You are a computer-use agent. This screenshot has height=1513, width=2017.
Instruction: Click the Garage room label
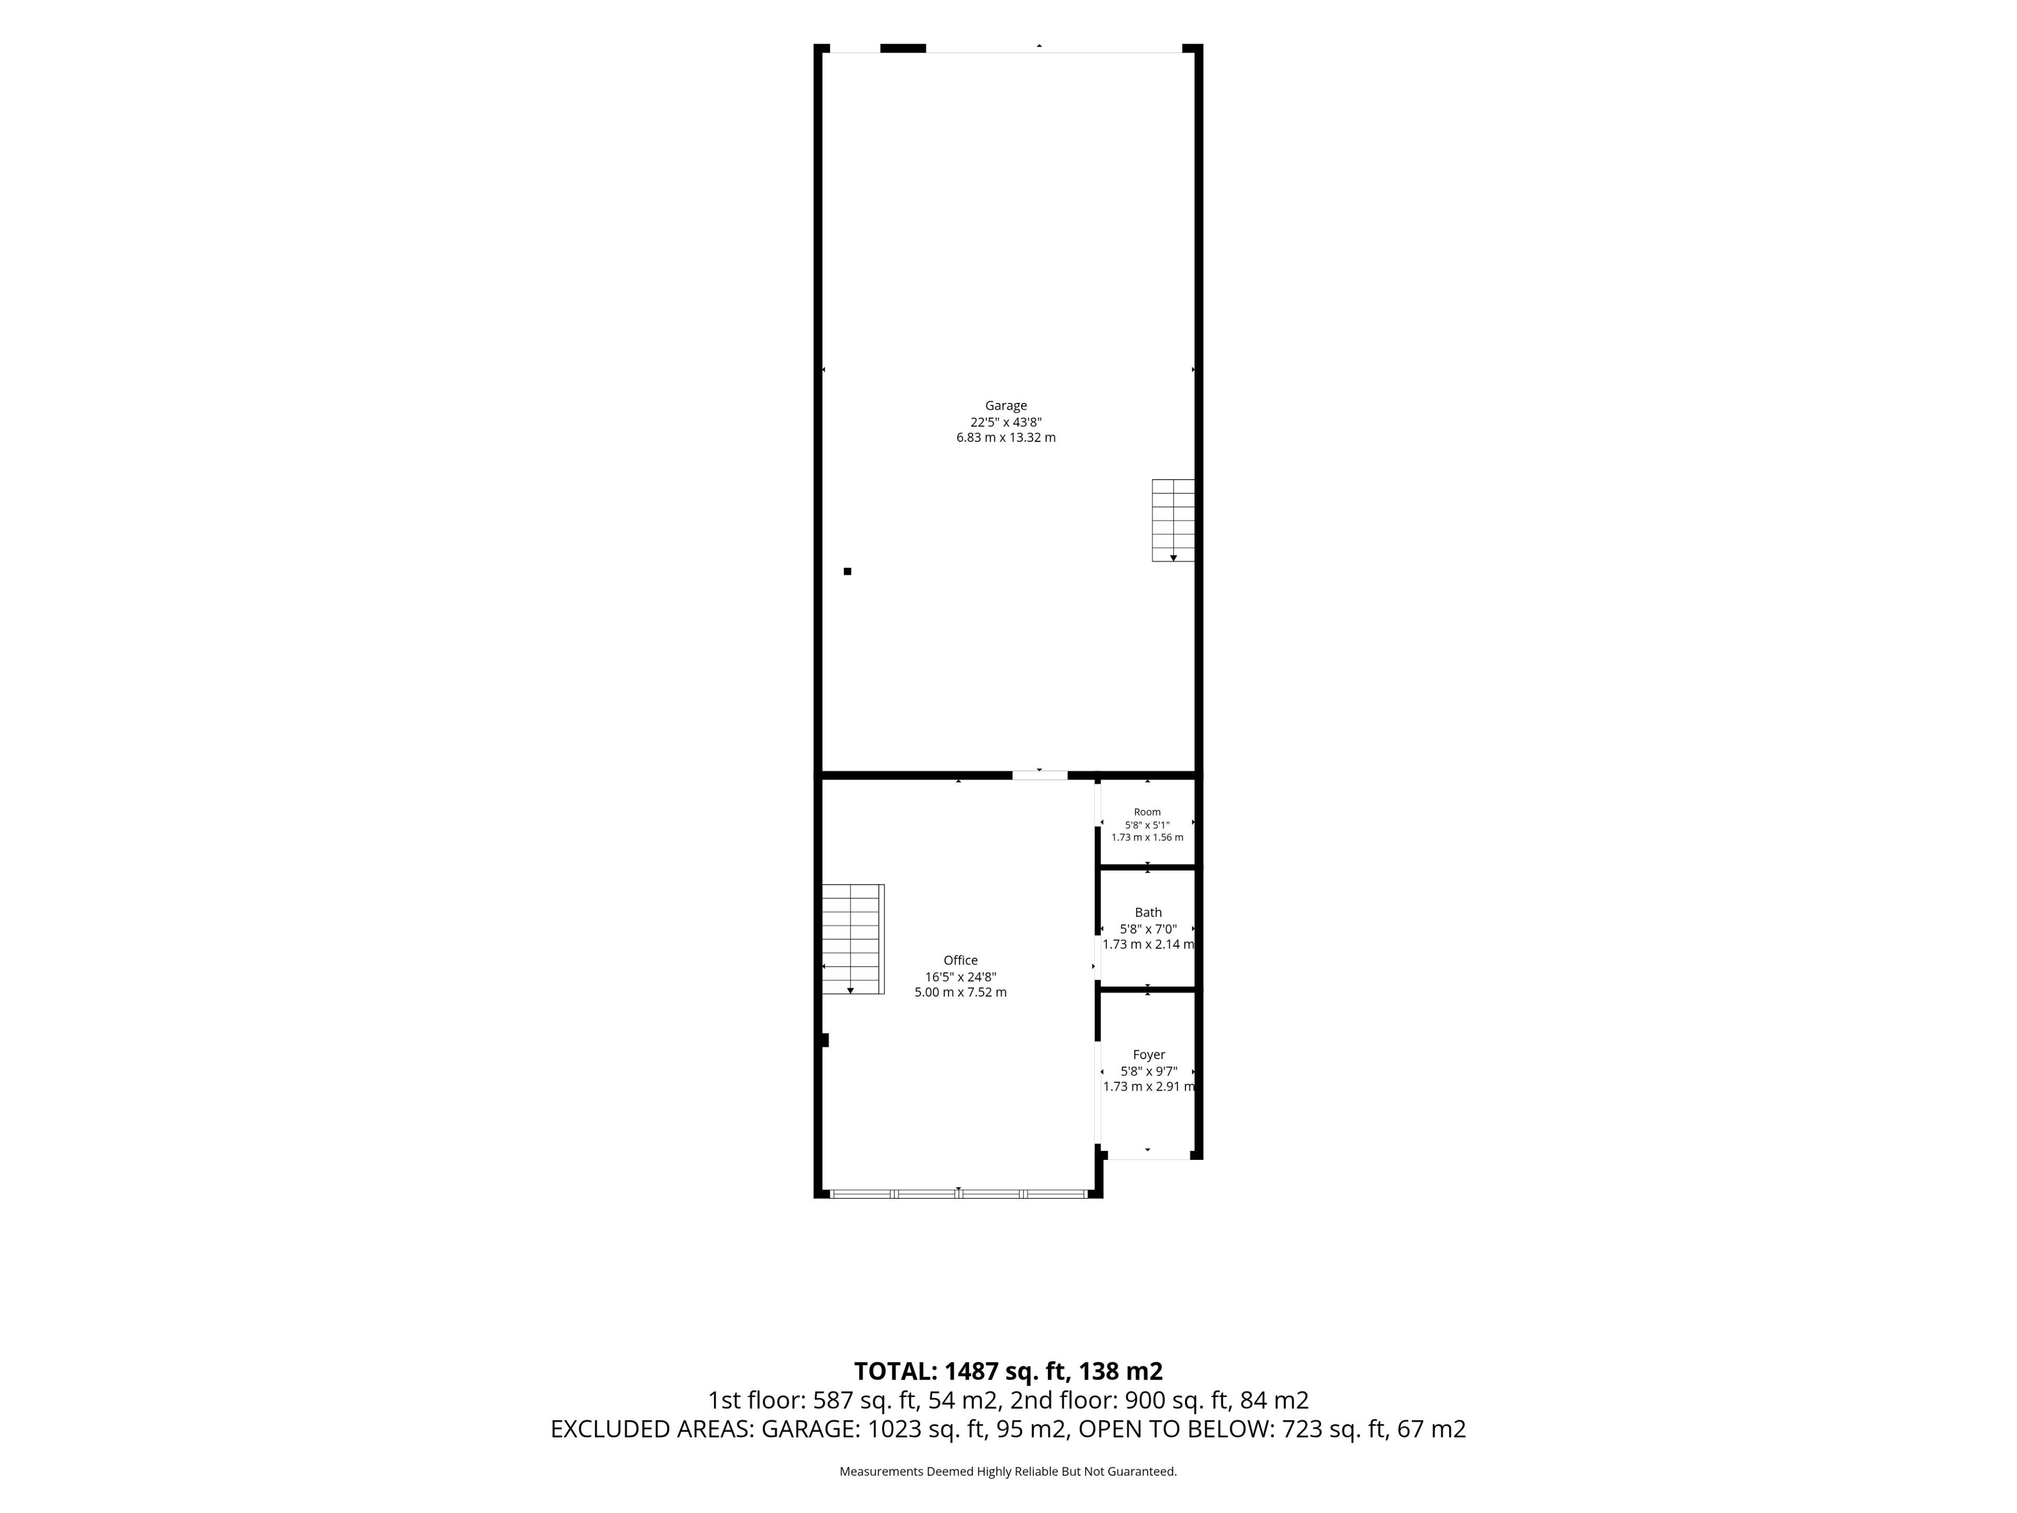click(1006, 406)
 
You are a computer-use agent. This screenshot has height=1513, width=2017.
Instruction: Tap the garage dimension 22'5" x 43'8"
click(1006, 422)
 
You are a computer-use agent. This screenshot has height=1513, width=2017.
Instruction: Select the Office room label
click(960, 960)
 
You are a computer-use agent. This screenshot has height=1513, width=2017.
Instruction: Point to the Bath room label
click(1148, 912)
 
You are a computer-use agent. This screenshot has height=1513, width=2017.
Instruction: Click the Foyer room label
click(1149, 1054)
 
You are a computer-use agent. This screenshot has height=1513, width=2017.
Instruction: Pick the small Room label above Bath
click(1147, 812)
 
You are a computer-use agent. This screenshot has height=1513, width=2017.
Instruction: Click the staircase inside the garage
click(1172, 520)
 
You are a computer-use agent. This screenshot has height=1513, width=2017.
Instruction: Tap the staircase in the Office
click(852, 938)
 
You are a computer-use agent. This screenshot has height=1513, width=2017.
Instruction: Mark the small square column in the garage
click(847, 571)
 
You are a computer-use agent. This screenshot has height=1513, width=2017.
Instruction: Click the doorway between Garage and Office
click(1039, 775)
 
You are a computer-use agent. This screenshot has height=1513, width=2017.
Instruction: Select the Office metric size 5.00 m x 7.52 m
click(960, 992)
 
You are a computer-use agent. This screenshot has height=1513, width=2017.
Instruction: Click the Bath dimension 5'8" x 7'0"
click(1148, 928)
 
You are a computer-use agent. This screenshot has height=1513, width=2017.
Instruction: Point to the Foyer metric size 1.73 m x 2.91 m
click(1149, 1086)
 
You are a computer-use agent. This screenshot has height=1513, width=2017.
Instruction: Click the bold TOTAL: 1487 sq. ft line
click(1007, 1371)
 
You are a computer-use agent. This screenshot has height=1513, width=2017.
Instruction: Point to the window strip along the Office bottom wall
click(959, 1193)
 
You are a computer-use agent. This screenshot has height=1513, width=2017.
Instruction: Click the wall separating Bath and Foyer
click(1148, 989)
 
